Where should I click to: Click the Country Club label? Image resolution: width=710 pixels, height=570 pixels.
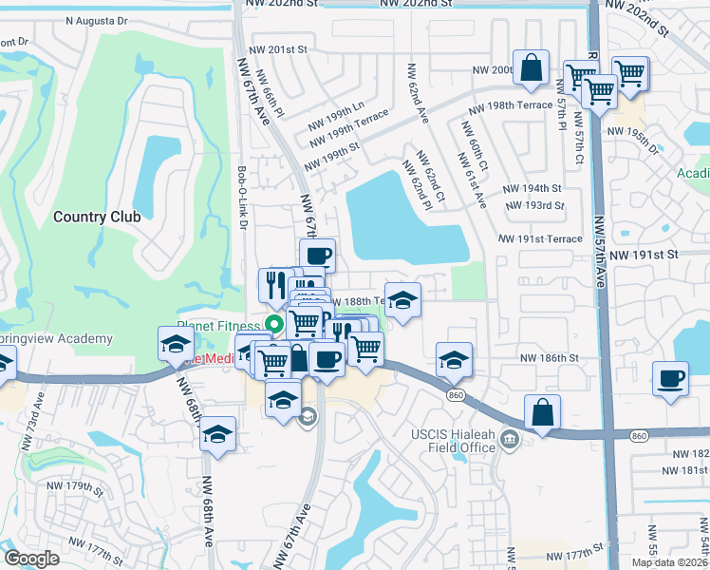click(x=97, y=217)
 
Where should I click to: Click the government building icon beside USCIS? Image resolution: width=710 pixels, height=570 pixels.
click(x=510, y=439)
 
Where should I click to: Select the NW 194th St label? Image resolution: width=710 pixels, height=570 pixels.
click(x=532, y=189)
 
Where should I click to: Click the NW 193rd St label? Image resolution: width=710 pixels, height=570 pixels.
click(x=535, y=205)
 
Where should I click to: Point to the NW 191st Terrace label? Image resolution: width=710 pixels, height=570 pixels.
click(x=541, y=239)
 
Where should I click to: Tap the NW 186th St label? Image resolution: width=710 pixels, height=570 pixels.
click(x=549, y=357)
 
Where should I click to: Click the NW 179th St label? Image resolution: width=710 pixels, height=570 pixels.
click(x=78, y=488)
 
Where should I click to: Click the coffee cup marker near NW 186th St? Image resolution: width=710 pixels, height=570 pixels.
click(x=670, y=378)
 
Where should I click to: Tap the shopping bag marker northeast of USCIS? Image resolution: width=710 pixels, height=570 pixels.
click(x=543, y=411)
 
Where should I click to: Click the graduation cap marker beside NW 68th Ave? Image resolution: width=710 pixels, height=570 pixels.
click(x=218, y=434)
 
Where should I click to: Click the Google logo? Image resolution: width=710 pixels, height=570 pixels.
click(x=32, y=559)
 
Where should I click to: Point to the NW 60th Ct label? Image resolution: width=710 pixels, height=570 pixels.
click(x=476, y=147)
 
